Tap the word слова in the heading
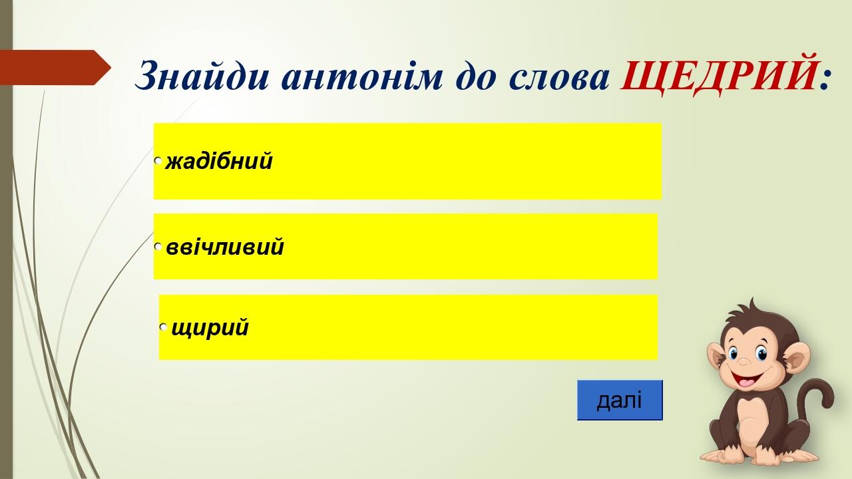click(x=558, y=76)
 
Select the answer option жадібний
click(x=219, y=161)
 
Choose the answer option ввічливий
click(x=225, y=247)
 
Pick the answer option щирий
click(x=210, y=328)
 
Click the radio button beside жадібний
click(x=158, y=160)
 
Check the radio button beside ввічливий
click(x=158, y=246)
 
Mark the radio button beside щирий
click(x=164, y=327)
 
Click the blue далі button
click(x=620, y=400)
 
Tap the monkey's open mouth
click(x=747, y=379)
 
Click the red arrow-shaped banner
click(x=55, y=67)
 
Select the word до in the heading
click(x=476, y=75)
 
